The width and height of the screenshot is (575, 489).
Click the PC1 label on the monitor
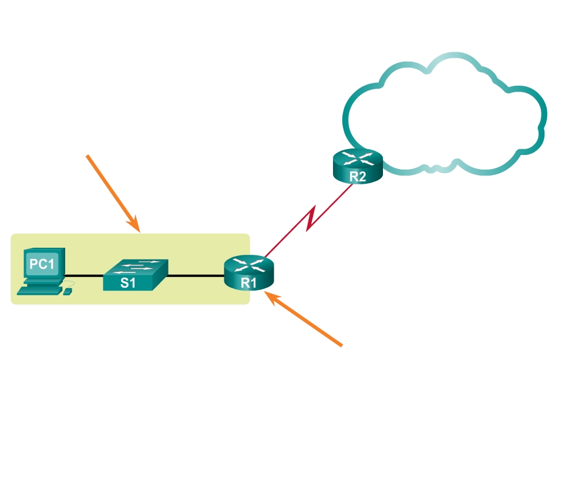[x=42, y=264]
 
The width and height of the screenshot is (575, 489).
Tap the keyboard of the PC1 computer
[x=40, y=290]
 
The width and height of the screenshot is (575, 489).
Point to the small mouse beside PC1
[x=68, y=291]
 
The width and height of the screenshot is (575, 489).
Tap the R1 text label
[x=249, y=282]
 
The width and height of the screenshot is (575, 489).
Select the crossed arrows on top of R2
[x=357, y=157]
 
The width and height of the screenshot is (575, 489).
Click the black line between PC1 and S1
[x=84, y=276]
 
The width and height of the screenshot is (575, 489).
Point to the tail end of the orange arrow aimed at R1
[x=340, y=345]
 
